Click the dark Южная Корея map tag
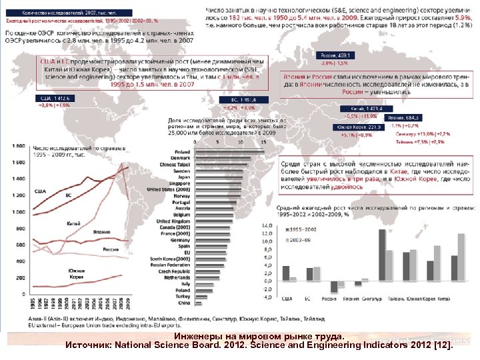click(x=359, y=127)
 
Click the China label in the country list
click(x=183, y=303)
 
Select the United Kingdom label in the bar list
click(x=173, y=221)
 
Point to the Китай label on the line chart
click(x=74, y=223)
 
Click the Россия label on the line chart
click(x=111, y=249)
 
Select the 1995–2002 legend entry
click(x=303, y=228)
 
